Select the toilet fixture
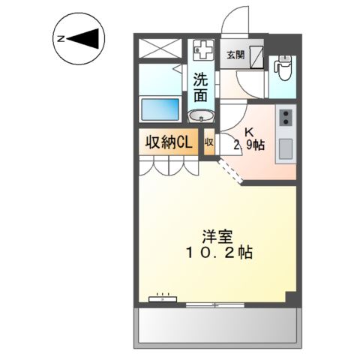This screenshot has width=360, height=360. click(283, 67)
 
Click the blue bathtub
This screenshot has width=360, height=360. click(160, 109)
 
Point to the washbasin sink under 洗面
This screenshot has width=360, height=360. click(200, 117)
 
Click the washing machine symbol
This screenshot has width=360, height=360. click(201, 52)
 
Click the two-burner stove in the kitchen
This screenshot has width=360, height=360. click(286, 118)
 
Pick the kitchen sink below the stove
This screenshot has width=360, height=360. click(286, 148)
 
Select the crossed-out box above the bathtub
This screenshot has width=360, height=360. click(161, 49)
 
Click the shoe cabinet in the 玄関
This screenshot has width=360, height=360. click(256, 56)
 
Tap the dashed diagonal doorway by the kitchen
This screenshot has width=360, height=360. click(232, 171)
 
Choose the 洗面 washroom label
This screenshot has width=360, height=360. click(201, 86)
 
